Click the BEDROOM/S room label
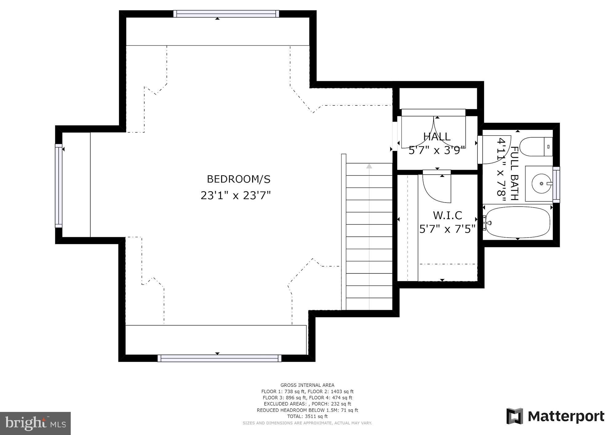pos(238,179)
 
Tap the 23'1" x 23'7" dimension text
pos(236,195)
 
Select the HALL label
pos(437,137)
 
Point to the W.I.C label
pos(447,215)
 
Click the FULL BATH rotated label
pos(514,174)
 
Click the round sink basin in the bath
pos(541,184)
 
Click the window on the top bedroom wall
pos(226,14)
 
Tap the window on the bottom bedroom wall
pos(219,358)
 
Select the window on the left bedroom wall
pos(58,186)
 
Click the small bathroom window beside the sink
pos(556,185)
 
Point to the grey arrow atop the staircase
pos(369,166)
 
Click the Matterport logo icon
pos(514,416)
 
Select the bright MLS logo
pos(35,423)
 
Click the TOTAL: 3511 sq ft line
pos(307,416)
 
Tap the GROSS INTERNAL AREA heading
pos(307,385)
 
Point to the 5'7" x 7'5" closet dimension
pos(447,229)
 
